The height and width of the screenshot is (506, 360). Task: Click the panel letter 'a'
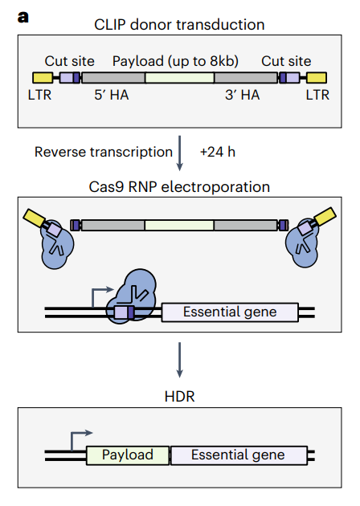click(x=23, y=17)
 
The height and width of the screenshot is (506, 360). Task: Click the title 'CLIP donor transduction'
click(x=179, y=25)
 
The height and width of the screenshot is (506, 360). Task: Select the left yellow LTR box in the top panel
click(x=43, y=78)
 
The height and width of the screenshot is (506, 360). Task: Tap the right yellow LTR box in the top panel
click(x=317, y=78)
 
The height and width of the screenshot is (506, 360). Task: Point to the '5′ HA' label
click(x=112, y=95)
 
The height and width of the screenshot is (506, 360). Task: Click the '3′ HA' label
click(x=242, y=95)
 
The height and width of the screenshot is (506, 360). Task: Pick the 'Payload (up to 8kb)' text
click(x=175, y=61)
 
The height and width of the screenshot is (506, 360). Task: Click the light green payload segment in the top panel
click(x=179, y=78)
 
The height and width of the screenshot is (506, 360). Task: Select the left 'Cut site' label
click(x=69, y=61)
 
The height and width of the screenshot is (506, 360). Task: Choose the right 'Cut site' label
click(x=286, y=61)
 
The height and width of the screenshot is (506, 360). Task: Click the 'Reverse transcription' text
click(x=104, y=152)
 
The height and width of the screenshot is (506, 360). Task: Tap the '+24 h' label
click(x=218, y=152)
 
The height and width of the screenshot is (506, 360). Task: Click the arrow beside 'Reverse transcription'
click(x=179, y=153)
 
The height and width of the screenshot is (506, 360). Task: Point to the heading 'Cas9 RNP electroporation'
click(x=179, y=187)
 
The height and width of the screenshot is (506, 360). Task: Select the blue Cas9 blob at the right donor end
click(x=302, y=243)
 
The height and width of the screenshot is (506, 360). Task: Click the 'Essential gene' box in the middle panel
click(x=230, y=312)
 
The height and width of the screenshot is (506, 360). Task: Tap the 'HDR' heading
click(x=179, y=397)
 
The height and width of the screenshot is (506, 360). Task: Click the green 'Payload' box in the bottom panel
click(x=128, y=455)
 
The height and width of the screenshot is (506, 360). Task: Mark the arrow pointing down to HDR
click(x=179, y=360)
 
